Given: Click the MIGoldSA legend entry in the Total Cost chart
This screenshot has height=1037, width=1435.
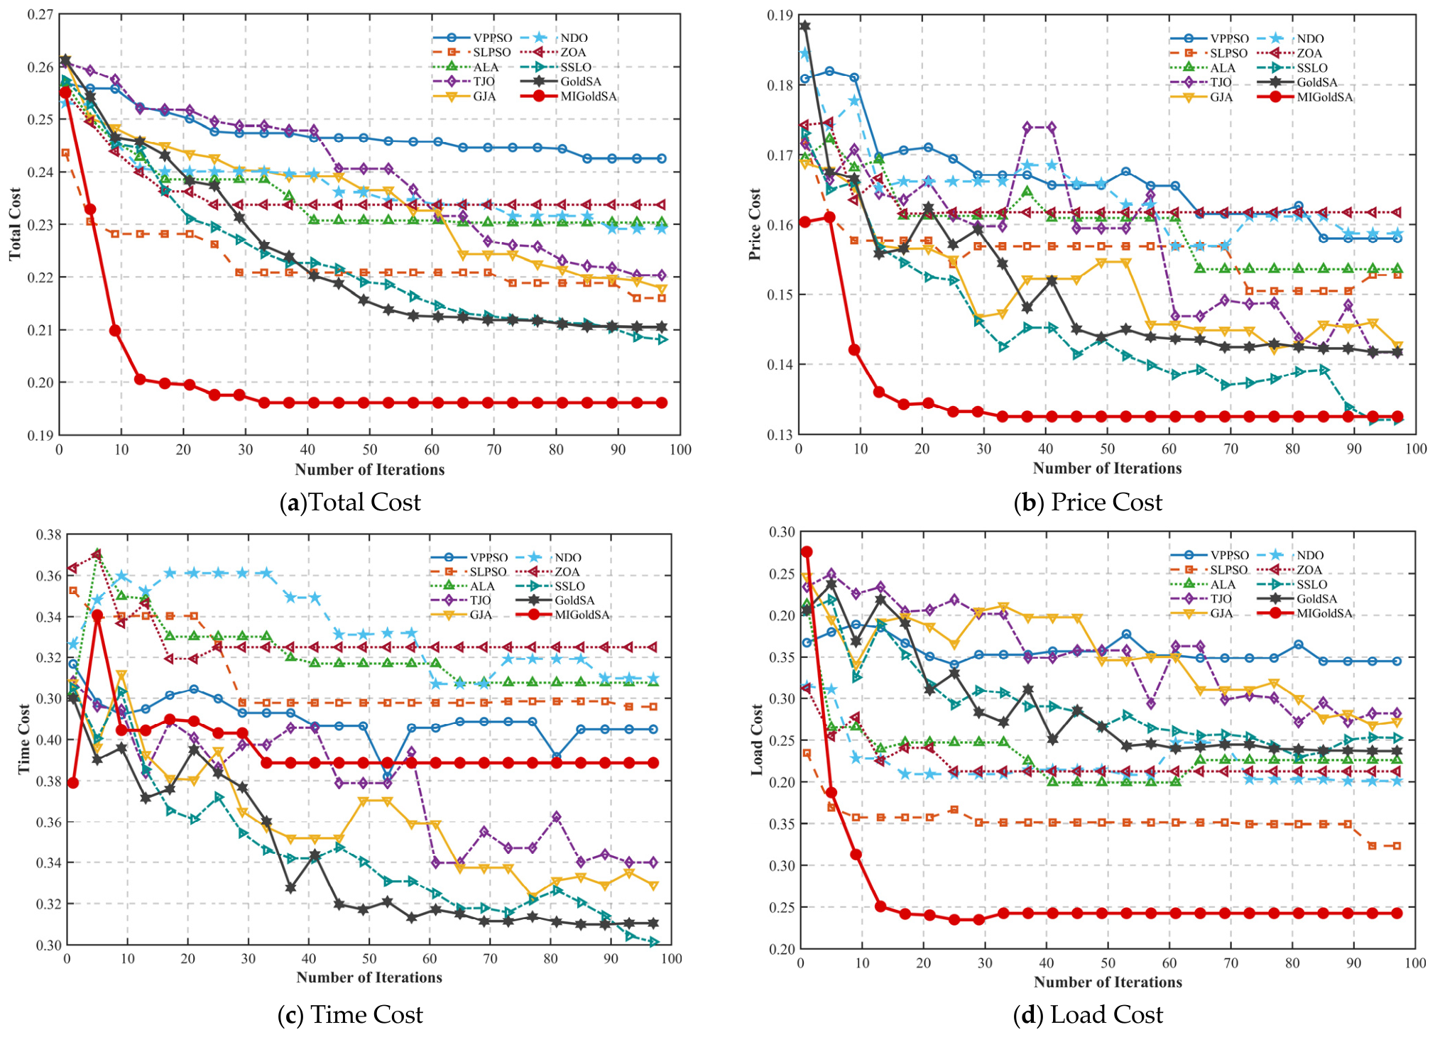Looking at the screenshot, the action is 568,96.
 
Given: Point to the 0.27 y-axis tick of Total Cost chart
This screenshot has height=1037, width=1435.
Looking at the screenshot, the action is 41,15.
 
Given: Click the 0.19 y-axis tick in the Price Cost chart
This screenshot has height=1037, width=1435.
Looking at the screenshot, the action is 780,16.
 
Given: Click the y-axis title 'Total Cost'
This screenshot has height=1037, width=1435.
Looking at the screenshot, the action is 15,224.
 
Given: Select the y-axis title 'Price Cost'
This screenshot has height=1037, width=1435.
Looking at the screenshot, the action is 755,224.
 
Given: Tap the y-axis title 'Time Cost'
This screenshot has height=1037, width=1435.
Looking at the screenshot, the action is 23,738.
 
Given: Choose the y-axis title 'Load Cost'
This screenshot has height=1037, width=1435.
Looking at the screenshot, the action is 756,738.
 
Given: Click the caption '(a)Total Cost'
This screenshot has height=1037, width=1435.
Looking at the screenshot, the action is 351,503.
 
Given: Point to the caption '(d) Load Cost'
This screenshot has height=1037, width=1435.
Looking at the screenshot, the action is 1088,1015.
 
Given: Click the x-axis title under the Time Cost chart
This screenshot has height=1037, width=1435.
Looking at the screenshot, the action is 369,977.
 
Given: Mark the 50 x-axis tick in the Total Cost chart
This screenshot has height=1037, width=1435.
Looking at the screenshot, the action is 370,449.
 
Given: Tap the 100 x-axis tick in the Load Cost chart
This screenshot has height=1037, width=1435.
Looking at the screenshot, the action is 1415,962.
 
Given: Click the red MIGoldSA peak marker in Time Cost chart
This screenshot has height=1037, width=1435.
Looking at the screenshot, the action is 97,615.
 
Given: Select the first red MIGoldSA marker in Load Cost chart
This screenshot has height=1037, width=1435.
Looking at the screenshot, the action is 807,552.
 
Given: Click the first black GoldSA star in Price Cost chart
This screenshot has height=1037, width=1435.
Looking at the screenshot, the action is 804,26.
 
